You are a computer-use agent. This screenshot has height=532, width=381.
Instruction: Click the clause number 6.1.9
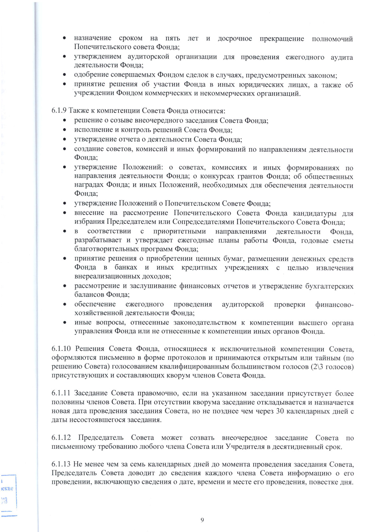pos(59,111)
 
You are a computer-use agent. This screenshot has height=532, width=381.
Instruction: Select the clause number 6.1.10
pos(61,349)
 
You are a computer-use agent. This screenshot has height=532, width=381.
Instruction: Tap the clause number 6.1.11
pos(61,393)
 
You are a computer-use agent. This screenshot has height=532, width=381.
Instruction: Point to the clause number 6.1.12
pos(61,438)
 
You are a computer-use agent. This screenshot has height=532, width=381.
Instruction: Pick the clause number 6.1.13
pos(61,464)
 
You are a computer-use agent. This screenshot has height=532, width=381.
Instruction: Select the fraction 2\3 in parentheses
pos(317,367)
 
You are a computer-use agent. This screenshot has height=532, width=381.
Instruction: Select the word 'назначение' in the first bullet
pos(93,39)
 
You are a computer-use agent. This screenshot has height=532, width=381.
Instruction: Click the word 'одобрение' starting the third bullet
pos(89,75)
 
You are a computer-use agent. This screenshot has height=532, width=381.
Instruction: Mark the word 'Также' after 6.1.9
pos(77,111)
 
